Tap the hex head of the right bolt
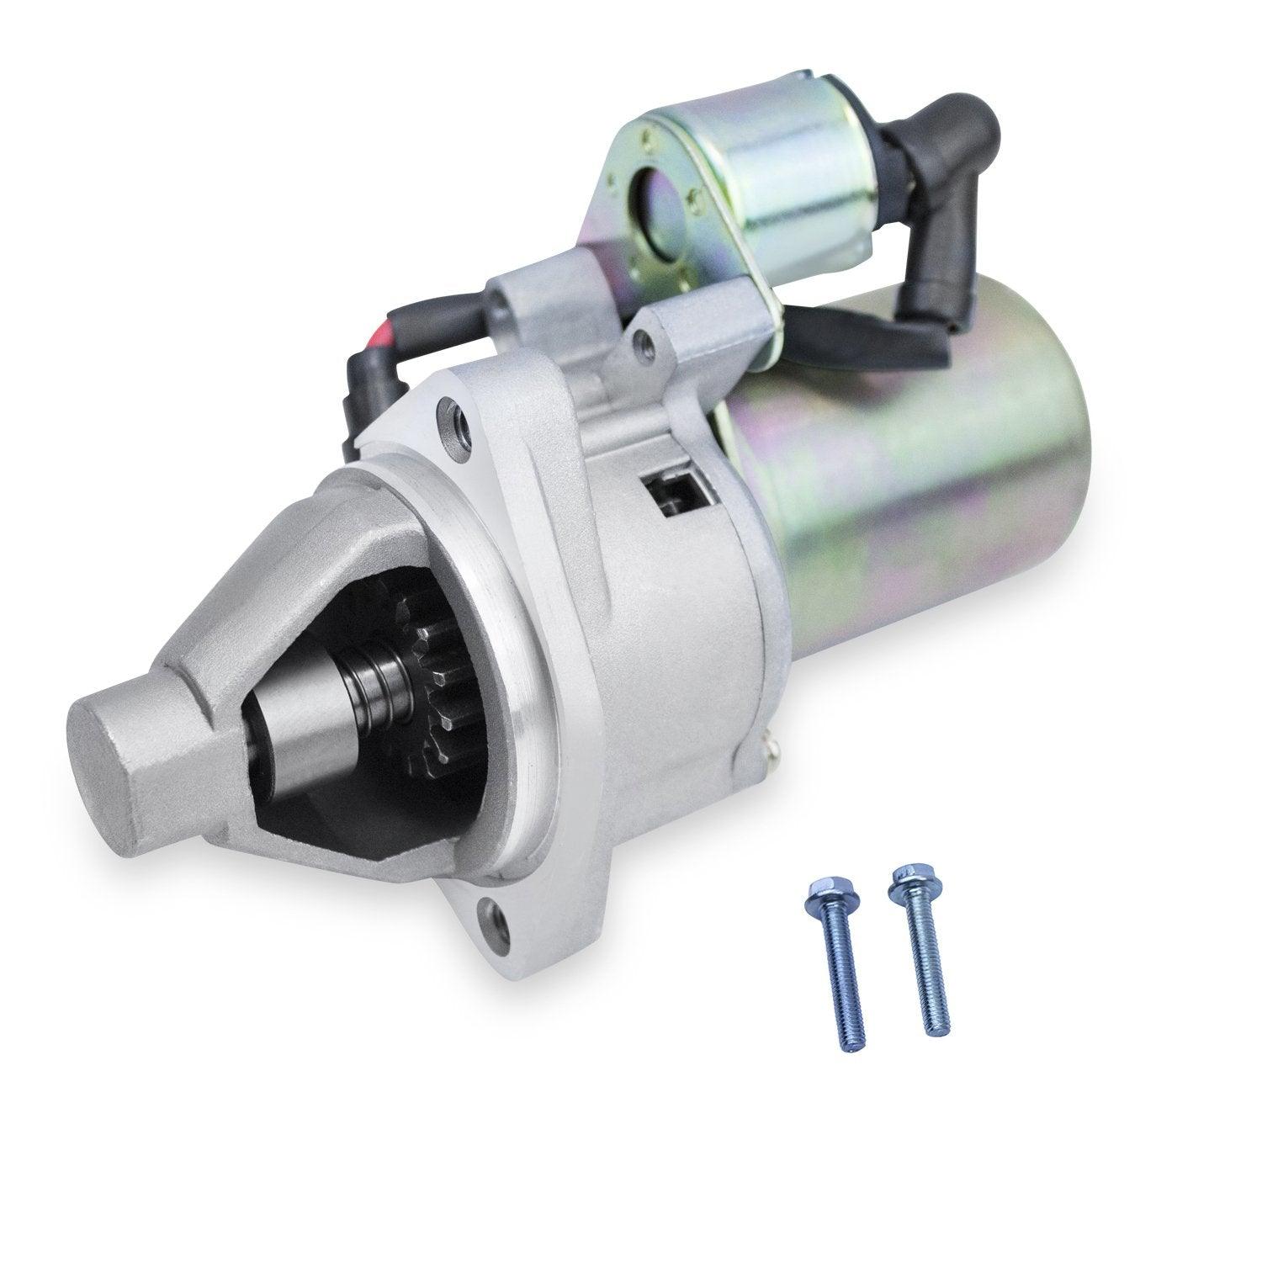click(x=903, y=875)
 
